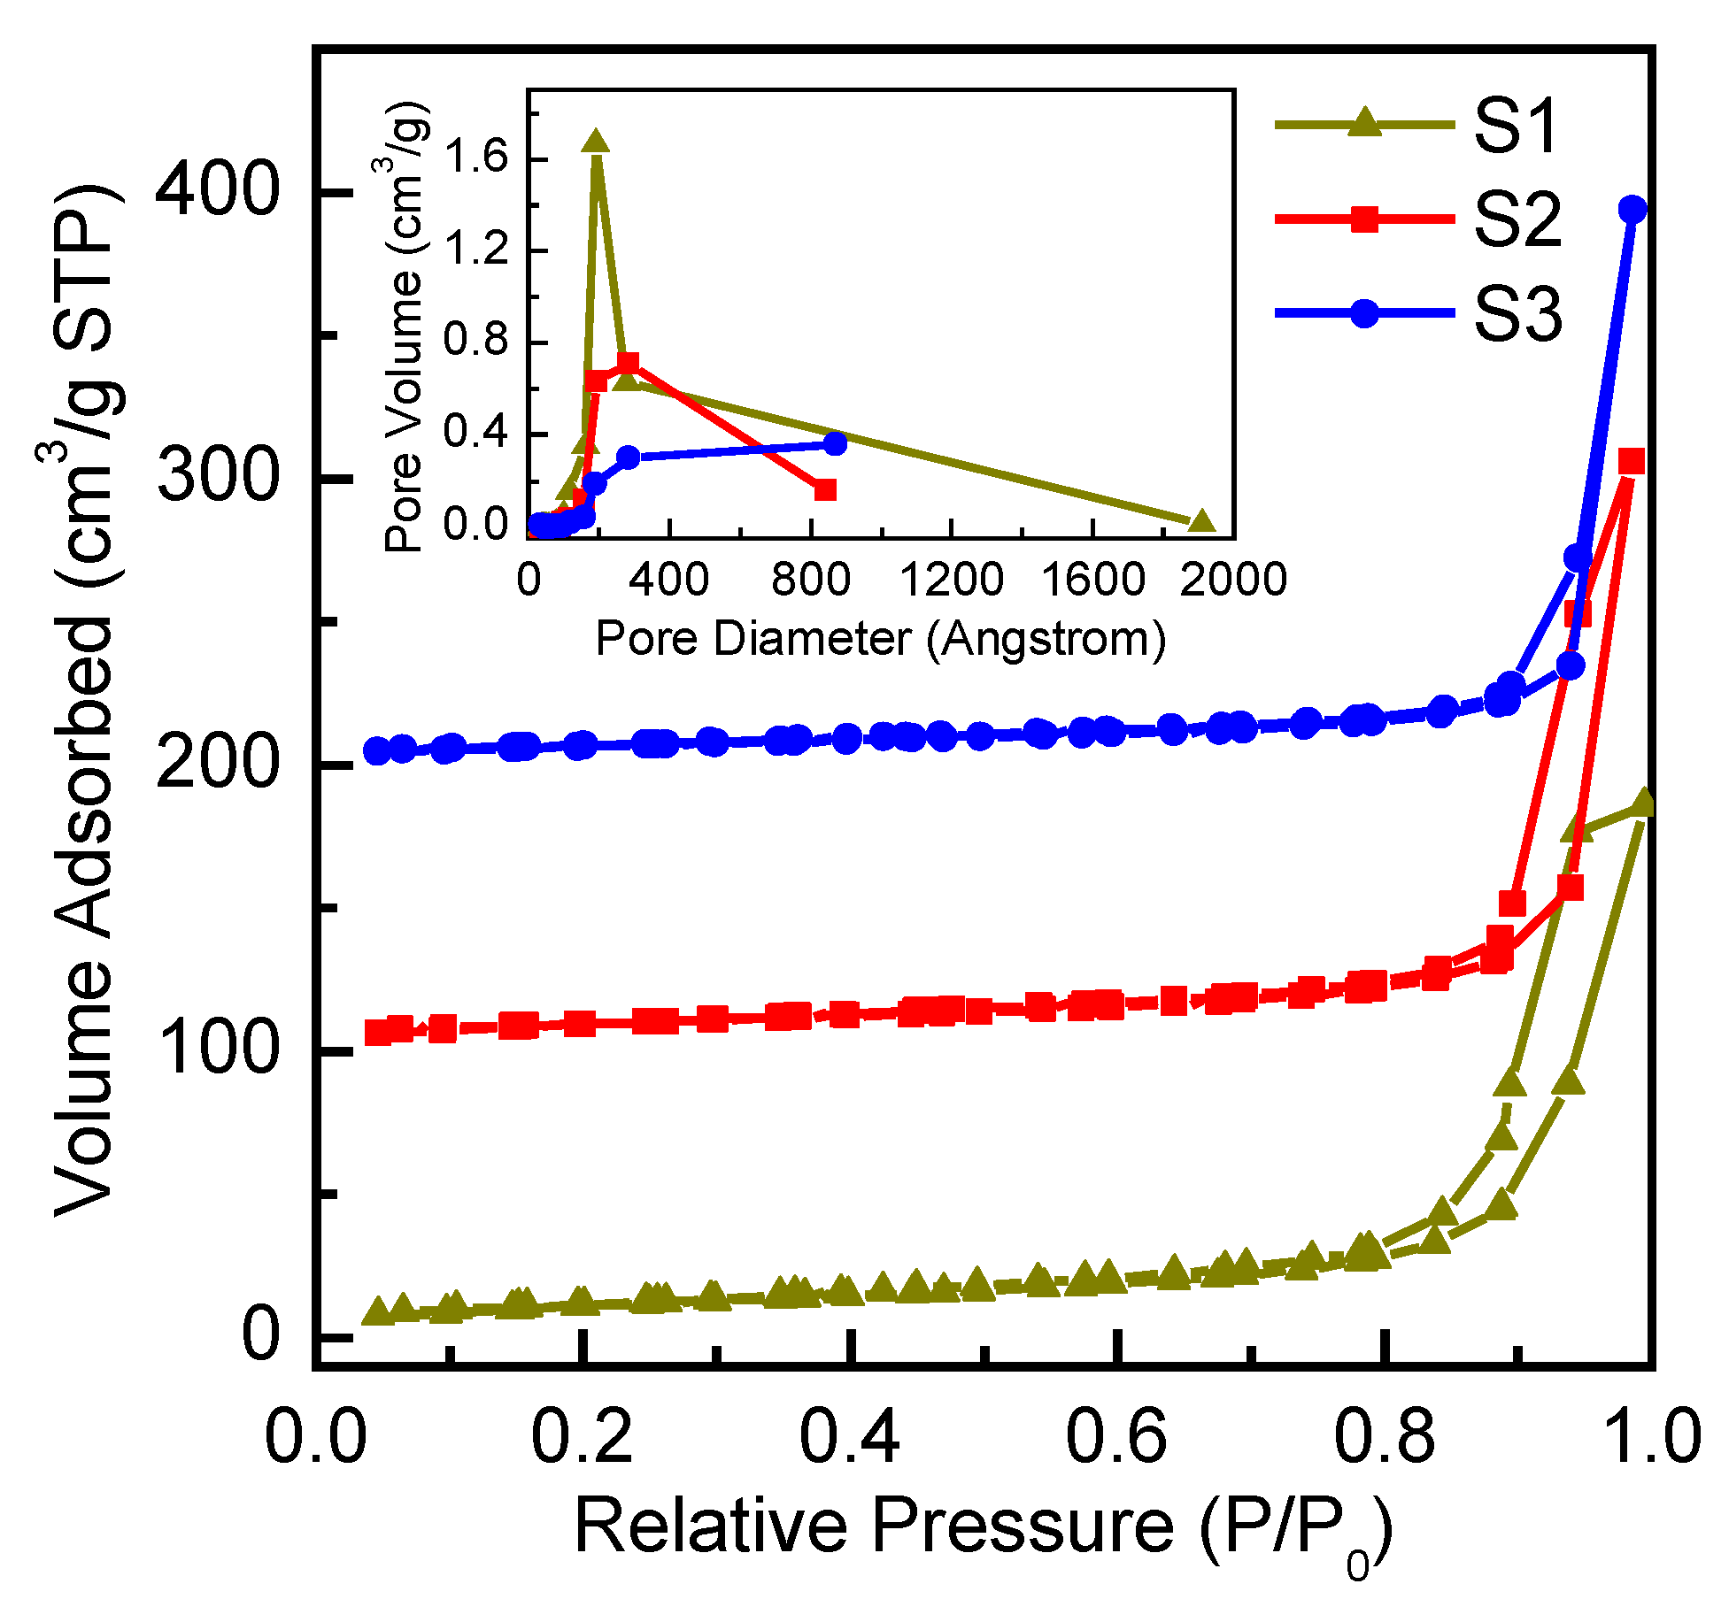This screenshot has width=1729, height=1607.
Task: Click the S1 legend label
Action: coord(1515,126)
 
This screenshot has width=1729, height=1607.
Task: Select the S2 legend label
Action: coord(1517,219)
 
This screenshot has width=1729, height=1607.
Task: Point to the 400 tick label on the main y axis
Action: coord(218,191)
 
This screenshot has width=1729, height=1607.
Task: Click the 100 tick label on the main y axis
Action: coord(218,1050)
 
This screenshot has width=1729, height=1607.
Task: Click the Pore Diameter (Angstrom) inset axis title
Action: coord(880,638)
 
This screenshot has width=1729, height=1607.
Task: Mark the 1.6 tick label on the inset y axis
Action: coord(476,158)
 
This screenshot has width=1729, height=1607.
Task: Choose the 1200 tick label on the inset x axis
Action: coord(952,580)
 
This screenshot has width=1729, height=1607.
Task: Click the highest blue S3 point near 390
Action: coord(1633,210)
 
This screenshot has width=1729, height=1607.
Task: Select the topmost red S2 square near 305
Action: coord(1631,461)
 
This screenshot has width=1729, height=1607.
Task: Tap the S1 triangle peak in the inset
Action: coord(595,142)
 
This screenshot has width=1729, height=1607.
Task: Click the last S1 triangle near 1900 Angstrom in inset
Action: coord(1200,521)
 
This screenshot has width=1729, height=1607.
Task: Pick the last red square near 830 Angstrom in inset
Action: coord(824,489)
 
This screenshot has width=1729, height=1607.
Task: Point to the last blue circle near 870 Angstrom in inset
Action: coord(835,443)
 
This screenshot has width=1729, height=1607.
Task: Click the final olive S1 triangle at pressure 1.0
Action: coord(1642,803)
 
